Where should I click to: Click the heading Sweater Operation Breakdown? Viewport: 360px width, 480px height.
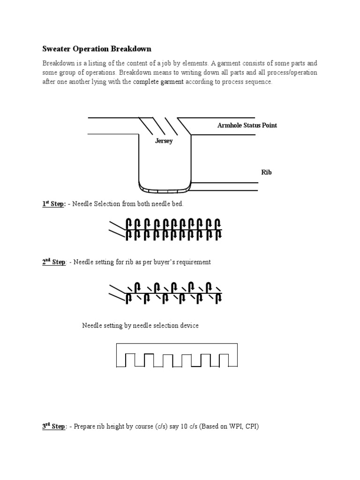tap(97, 49)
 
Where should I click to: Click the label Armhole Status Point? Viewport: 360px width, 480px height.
tap(247, 125)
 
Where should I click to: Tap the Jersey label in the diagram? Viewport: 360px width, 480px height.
tap(164, 141)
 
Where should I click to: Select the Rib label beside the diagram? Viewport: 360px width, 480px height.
tap(266, 172)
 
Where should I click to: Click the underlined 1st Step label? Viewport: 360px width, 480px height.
tap(53, 204)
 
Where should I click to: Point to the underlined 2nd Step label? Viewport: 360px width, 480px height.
tap(54, 262)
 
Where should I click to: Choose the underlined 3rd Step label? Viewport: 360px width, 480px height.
tap(54, 427)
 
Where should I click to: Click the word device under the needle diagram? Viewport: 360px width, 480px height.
tap(188, 325)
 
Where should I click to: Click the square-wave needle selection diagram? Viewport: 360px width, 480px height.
tap(177, 356)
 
